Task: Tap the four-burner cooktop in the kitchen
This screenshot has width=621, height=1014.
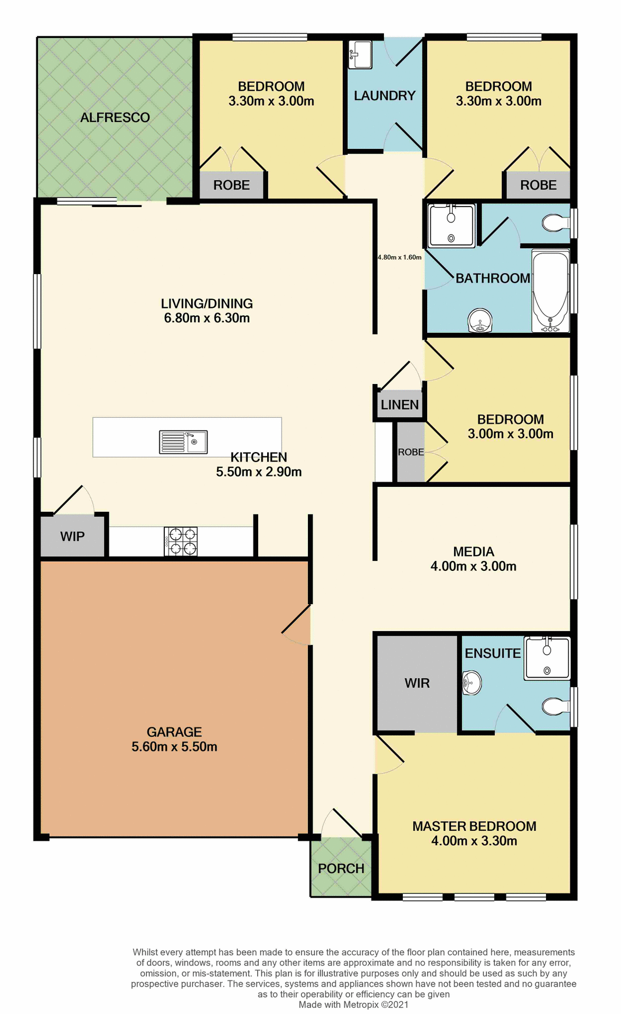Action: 181,541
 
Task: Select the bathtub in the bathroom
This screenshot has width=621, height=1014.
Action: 550,291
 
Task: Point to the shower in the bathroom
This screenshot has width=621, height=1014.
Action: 451,226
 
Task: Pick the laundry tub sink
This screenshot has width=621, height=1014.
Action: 360,55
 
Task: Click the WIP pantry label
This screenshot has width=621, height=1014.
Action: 72,537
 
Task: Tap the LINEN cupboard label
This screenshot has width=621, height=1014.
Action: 400,405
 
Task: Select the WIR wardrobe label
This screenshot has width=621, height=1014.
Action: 417,683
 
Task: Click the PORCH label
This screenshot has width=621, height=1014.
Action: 341,869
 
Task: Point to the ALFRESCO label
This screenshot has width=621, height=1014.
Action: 115,118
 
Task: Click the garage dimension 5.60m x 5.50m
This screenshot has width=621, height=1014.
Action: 174,747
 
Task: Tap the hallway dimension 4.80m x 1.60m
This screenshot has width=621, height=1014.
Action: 399,257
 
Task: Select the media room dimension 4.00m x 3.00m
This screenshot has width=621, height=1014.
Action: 474,566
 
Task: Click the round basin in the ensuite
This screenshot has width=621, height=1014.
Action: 472,683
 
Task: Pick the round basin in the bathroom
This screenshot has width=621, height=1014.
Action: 480,321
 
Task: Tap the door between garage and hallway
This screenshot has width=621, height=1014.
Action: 297,626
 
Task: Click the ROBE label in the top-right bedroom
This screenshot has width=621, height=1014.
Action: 538,185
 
